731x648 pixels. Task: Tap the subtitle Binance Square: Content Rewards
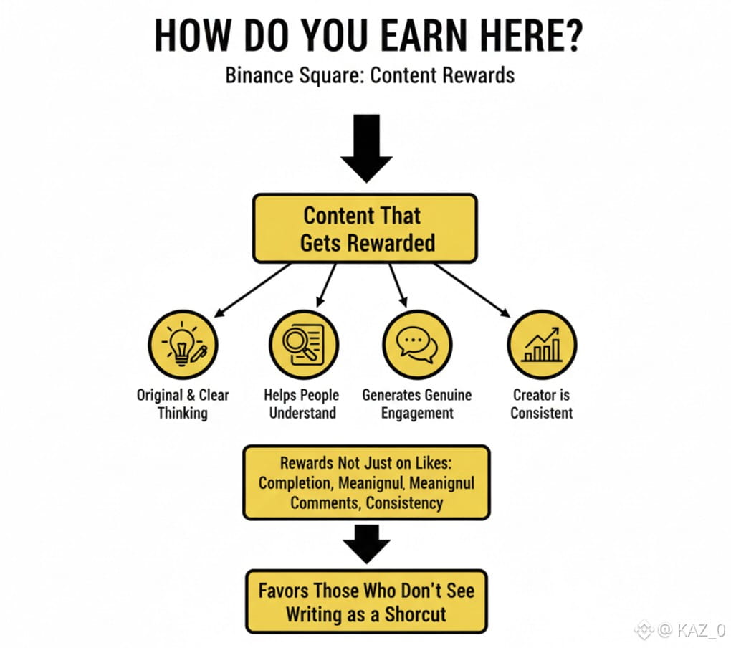point(370,75)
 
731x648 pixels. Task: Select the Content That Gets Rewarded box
point(365,229)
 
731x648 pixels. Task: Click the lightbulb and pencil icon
point(183,345)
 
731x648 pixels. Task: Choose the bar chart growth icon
point(542,345)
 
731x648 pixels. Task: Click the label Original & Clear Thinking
point(183,404)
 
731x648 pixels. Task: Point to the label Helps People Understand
point(302,404)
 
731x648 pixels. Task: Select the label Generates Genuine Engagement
point(417,404)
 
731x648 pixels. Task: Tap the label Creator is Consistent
point(542,404)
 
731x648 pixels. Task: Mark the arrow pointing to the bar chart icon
point(473,290)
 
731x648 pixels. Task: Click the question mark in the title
point(568,36)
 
